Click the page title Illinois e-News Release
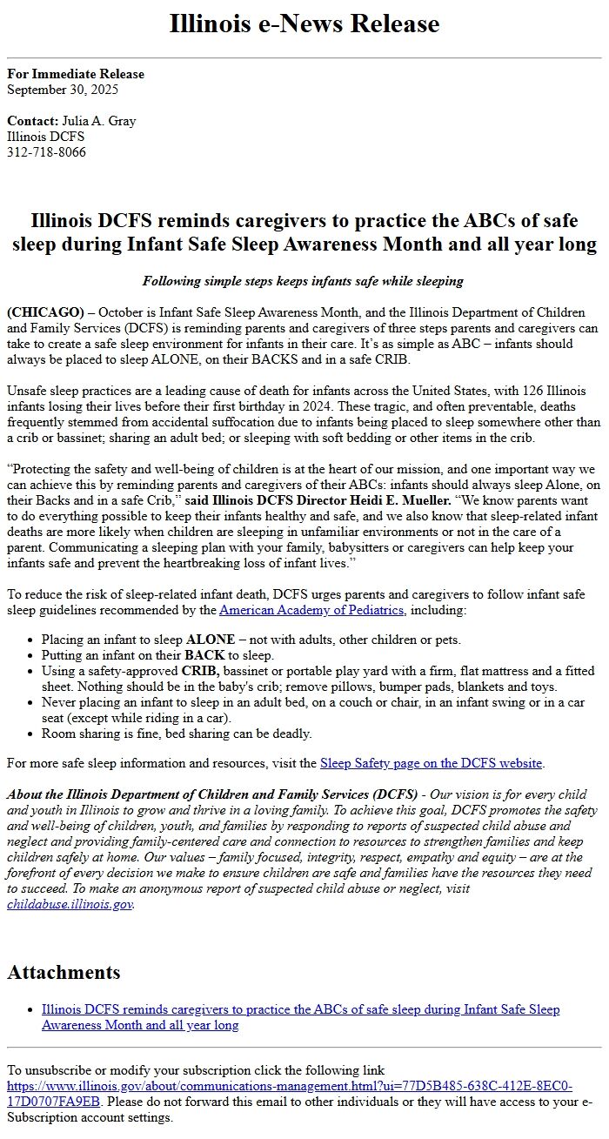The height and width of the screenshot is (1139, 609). (x=304, y=23)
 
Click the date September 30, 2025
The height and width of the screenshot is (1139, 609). (x=63, y=89)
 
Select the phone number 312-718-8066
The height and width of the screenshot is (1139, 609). (x=46, y=152)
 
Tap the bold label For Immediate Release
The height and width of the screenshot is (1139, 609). (x=76, y=74)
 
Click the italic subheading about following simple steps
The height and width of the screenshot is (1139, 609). (x=303, y=281)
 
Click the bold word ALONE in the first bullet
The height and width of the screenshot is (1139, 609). (x=211, y=640)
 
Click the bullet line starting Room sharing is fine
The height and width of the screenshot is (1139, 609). (x=177, y=734)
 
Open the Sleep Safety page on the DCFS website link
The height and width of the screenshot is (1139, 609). (x=431, y=763)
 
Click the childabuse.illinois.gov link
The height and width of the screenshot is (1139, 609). (x=70, y=904)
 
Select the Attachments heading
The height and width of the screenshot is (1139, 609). (x=64, y=972)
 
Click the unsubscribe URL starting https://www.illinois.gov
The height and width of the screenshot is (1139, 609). (x=289, y=1087)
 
